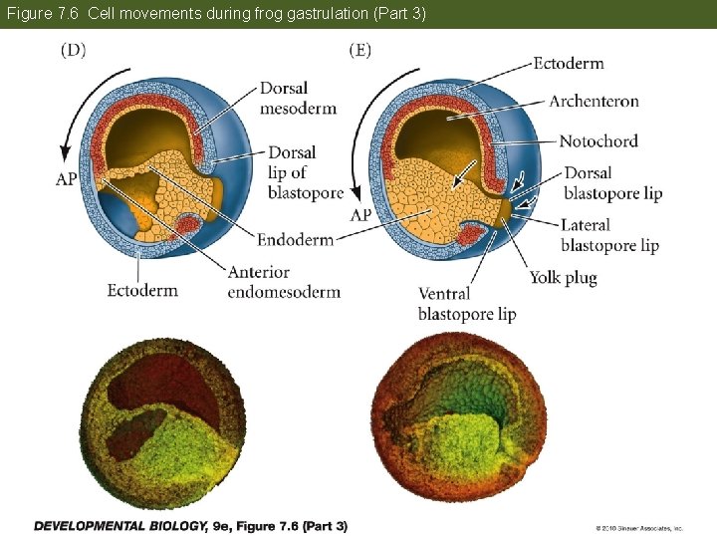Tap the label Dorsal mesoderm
[x=298, y=98]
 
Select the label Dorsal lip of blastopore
[x=305, y=172]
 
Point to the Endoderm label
[x=294, y=240]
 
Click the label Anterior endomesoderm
[x=283, y=282]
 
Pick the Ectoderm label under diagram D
[x=142, y=291]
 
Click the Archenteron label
[x=594, y=101]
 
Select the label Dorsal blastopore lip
[x=611, y=183]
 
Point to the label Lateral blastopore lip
[x=609, y=235]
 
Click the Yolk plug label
[x=563, y=278]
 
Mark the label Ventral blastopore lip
[x=466, y=304]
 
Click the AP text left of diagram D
[x=67, y=180]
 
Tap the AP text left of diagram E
[x=360, y=215]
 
